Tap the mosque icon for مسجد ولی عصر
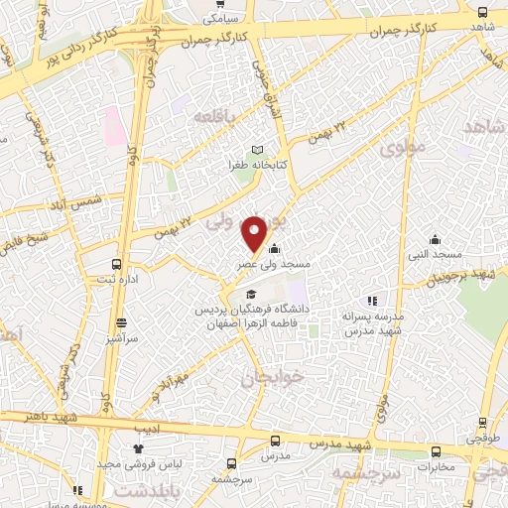pyautogui.click(x=273, y=249)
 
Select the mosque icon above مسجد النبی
pyautogui.click(x=435, y=238)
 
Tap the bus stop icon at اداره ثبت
pyautogui.click(x=116, y=264)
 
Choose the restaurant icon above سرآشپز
pyautogui.click(x=121, y=322)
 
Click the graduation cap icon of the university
pyautogui.click(x=251, y=295)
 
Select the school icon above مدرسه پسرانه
pyautogui.click(x=372, y=300)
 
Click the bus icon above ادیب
pyautogui.click(x=139, y=416)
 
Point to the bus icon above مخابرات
pyautogui.click(x=436, y=450)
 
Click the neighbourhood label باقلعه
pyautogui.click(x=217, y=116)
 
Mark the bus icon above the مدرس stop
pyautogui.click(x=276, y=440)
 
